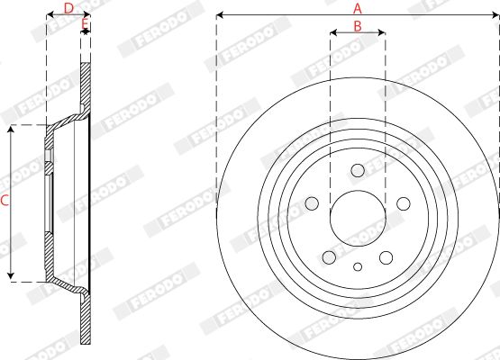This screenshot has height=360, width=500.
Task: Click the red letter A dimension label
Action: [358, 9]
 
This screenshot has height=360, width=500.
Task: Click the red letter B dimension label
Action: [358, 26]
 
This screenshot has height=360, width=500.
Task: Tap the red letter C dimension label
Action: [5, 201]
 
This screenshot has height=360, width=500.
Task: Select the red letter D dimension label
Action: [68, 9]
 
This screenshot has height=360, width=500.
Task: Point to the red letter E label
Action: [85, 23]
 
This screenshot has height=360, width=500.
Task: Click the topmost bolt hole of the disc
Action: [358, 170]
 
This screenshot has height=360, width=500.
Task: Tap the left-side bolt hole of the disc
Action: [312, 203]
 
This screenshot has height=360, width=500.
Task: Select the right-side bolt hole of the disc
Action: [404, 203]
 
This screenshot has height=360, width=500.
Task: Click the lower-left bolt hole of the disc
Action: [329, 257]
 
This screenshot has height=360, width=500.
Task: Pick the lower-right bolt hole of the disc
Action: [386, 257]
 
